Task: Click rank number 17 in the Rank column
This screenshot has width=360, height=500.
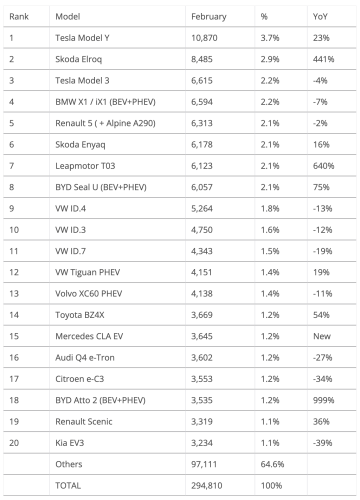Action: pyautogui.click(x=12, y=379)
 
